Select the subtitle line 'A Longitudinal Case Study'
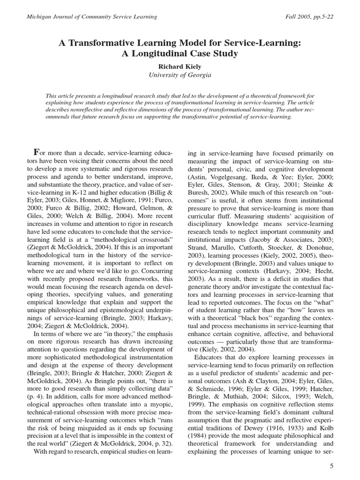180,53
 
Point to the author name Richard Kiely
180,66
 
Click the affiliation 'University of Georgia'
180,75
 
